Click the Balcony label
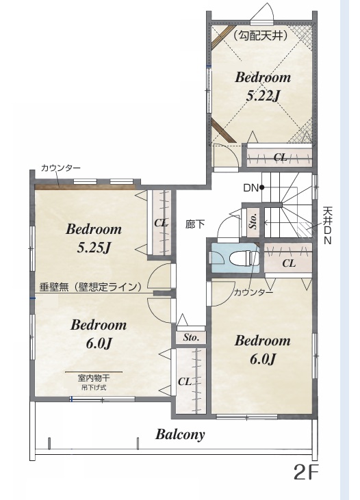[180, 434]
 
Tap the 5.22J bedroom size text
[263, 96]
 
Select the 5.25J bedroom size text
[94, 248]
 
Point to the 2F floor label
[306, 472]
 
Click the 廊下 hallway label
[195, 224]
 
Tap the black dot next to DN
[261, 187]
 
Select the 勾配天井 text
[261, 36]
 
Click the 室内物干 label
[94, 378]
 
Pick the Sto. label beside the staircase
[253, 221]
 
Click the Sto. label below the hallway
[191, 337]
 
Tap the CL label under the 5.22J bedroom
[280, 157]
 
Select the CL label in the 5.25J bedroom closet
[161, 223]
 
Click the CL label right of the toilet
[289, 263]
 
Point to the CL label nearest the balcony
[185, 382]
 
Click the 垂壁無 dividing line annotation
[90, 287]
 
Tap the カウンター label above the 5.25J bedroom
[61, 168]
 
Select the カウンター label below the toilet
[253, 292]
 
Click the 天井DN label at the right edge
[328, 226]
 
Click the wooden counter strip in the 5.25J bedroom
[86, 187]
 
